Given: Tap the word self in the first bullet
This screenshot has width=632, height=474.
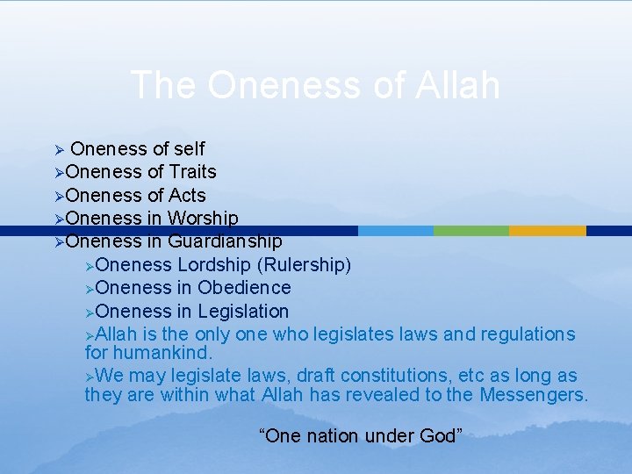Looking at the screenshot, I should tap(190, 149).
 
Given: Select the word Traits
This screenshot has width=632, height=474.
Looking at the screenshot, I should tap(193, 172).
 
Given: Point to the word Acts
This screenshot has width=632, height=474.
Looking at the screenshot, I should tap(188, 195).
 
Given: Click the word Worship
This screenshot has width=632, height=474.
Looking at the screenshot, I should tap(203, 219).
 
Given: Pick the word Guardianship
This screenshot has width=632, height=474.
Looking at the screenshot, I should tap(225, 241).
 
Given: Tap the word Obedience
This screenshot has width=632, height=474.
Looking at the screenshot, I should tap(244, 288).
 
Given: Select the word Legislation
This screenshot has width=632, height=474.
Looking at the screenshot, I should tap(243, 311).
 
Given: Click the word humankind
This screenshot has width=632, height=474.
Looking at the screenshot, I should tap(161, 353).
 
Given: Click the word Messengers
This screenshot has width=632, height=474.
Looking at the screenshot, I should tap(534, 395).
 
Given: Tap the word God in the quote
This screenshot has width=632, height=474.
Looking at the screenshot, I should tap(441, 436).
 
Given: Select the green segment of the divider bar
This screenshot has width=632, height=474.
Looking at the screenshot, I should tap(471, 231).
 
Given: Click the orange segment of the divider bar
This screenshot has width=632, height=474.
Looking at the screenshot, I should tap(547, 231).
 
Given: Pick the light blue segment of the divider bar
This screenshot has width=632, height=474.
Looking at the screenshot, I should tap(396, 231).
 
